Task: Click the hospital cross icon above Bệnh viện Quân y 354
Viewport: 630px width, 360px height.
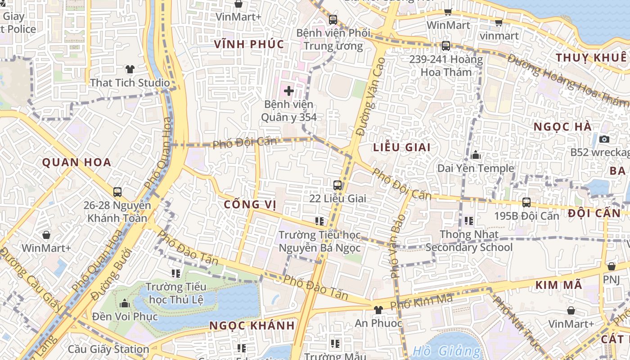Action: (x=289, y=91)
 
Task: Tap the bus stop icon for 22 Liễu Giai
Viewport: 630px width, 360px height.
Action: (x=337, y=185)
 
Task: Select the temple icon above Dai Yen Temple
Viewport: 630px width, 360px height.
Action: (x=476, y=155)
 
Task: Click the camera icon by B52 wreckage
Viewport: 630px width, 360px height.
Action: (x=604, y=139)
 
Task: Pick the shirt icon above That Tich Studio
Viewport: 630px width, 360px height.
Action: (x=130, y=69)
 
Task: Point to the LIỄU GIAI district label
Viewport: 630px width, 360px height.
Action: (x=402, y=147)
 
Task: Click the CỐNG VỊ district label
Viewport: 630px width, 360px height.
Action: (x=250, y=204)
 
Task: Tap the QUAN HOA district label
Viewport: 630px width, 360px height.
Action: (x=76, y=162)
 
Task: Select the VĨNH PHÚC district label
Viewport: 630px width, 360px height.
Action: (x=249, y=44)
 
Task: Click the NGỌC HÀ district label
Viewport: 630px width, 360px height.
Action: (x=562, y=127)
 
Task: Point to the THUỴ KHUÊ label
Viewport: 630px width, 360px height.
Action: (x=591, y=58)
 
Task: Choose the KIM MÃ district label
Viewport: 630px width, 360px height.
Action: (x=559, y=285)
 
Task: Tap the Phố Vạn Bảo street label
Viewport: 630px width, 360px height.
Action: (x=397, y=246)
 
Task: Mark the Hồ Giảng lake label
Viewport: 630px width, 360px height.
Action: (x=446, y=351)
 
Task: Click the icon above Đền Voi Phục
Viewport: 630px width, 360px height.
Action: (x=125, y=304)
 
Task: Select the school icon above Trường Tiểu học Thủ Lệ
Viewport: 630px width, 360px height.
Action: (x=176, y=273)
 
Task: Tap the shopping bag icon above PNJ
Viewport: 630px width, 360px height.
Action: (x=611, y=266)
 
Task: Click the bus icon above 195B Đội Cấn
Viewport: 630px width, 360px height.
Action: (x=526, y=202)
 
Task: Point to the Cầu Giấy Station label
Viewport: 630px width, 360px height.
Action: (x=108, y=349)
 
